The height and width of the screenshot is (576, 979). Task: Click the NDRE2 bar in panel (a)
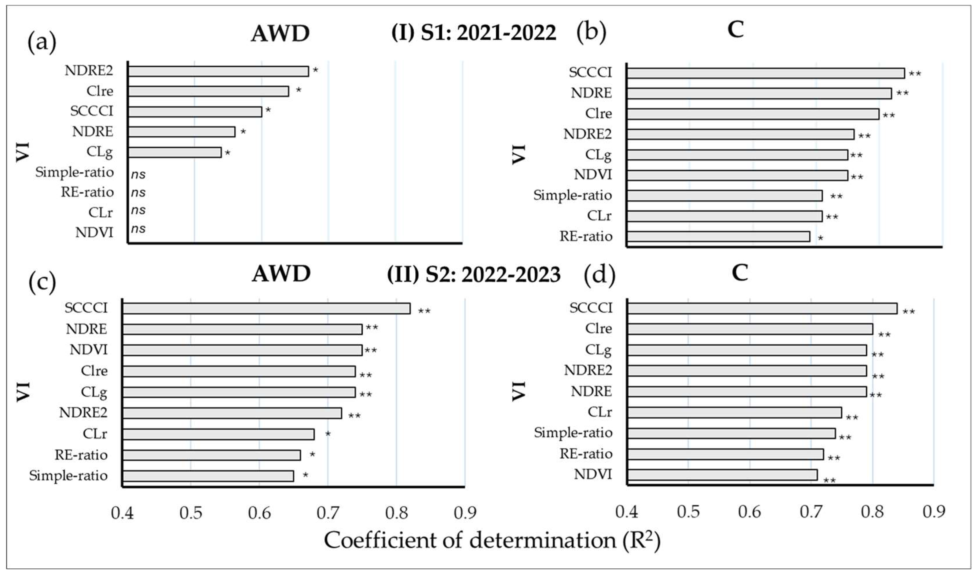(x=218, y=71)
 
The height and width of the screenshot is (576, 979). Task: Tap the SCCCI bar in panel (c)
(x=267, y=309)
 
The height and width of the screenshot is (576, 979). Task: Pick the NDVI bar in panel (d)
(x=722, y=475)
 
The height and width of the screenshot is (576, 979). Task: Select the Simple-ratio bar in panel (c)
(x=208, y=476)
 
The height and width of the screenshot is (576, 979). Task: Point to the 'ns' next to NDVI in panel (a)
(x=138, y=229)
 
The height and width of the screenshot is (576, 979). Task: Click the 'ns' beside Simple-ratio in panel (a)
(x=138, y=175)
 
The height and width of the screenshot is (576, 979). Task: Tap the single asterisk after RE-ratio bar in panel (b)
(x=820, y=238)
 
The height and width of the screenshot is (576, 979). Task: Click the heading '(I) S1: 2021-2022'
(x=474, y=33)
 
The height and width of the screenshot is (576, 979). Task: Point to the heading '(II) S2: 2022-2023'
(x=474, y=275)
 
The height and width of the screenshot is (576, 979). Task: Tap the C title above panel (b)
(x=736, y=30)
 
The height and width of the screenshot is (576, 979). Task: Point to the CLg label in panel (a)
(x=100, y=152)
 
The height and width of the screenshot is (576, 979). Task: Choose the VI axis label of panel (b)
(x=519, y=154)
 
